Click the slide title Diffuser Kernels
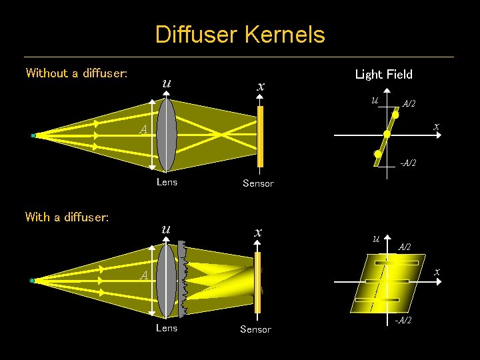point(240,35)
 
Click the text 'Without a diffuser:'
point(76,73)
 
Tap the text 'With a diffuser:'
point(67,217)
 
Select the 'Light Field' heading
point(383,75)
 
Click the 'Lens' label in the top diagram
point(167,182)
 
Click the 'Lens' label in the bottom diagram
point(167,328)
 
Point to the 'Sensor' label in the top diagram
point(258,183)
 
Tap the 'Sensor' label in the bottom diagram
point(255,329)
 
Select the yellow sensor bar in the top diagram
point(261,137)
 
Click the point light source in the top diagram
point(33,135)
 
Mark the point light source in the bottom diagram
point(32,281)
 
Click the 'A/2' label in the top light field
point(409,103)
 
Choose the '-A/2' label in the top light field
point(407,163)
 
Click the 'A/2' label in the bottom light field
point(405,247)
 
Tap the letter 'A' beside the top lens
point(143,130)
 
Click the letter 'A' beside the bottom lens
point(143,275)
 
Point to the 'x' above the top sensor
point(261,87)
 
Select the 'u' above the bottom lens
point(165,229)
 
